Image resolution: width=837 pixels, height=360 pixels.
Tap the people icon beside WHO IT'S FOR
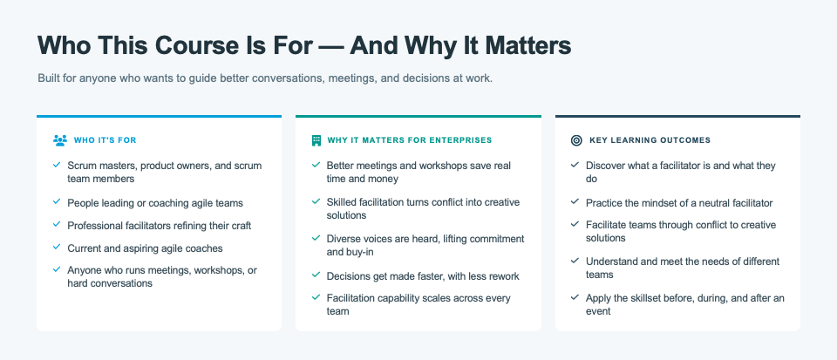(60, 140)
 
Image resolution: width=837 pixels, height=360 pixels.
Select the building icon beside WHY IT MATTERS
(316, 140)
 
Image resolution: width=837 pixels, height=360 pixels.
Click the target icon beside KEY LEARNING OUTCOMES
(576, 140)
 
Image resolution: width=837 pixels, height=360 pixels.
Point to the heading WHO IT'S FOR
(105, 140)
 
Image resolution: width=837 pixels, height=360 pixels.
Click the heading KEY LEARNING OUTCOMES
(650, 140)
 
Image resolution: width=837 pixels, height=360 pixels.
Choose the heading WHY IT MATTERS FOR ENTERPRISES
(410, 140)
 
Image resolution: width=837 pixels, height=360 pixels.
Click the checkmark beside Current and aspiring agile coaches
(57, 247)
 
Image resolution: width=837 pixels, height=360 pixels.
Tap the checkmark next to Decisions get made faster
(316, 275)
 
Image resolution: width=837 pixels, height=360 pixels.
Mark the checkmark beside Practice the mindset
(575, 201)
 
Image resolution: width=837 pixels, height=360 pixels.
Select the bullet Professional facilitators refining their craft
(159, 226)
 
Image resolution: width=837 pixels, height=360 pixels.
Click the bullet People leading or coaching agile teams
(155, 203)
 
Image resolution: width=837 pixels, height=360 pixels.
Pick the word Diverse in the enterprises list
(344, 239)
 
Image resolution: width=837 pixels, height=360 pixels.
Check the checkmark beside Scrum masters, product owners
(57, 165)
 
